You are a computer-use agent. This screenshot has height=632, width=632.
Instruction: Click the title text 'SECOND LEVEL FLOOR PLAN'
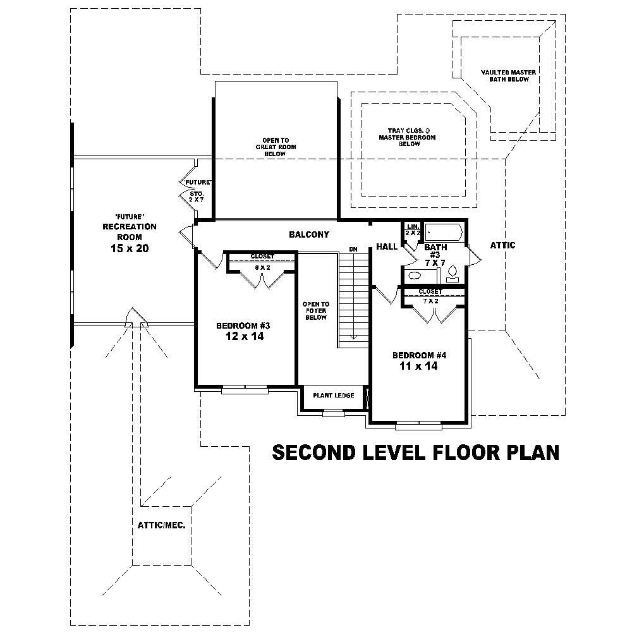[415, 453]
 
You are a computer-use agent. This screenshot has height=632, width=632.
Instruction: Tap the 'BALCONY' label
[309, 234]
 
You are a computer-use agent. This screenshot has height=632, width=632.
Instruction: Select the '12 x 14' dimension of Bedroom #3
[243, 337]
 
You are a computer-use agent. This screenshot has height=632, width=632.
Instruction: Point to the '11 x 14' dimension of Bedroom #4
[418, 366]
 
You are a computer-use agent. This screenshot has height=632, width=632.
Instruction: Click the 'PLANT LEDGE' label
[332, 396]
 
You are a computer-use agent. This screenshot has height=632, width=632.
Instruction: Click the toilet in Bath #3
[453, 273]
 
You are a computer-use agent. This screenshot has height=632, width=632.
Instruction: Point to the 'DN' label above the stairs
[353, 250]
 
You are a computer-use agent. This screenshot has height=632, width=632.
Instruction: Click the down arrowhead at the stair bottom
[353, 337]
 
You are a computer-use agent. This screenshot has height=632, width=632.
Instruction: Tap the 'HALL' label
[386, 246]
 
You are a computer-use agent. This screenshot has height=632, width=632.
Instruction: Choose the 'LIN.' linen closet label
[413, 226]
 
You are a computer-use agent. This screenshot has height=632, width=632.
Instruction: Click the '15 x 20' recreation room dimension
[129, 248]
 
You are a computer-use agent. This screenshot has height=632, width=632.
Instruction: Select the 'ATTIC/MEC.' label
[161, 525]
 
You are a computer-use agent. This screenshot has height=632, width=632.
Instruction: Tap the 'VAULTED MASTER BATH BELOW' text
[508, 76]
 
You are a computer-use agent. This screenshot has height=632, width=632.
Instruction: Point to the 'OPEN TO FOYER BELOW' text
[315, 310]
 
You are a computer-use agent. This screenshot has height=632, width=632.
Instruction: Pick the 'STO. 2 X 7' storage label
[196, 196]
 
